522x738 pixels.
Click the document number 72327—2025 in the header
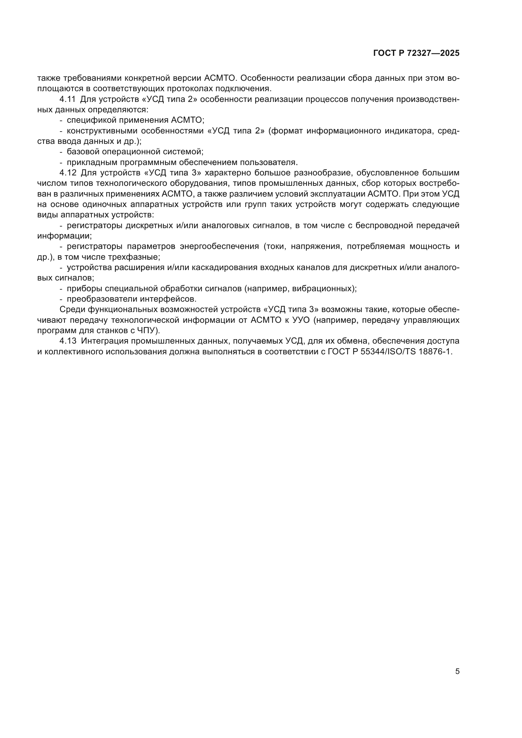433,53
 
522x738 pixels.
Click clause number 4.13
68,341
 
